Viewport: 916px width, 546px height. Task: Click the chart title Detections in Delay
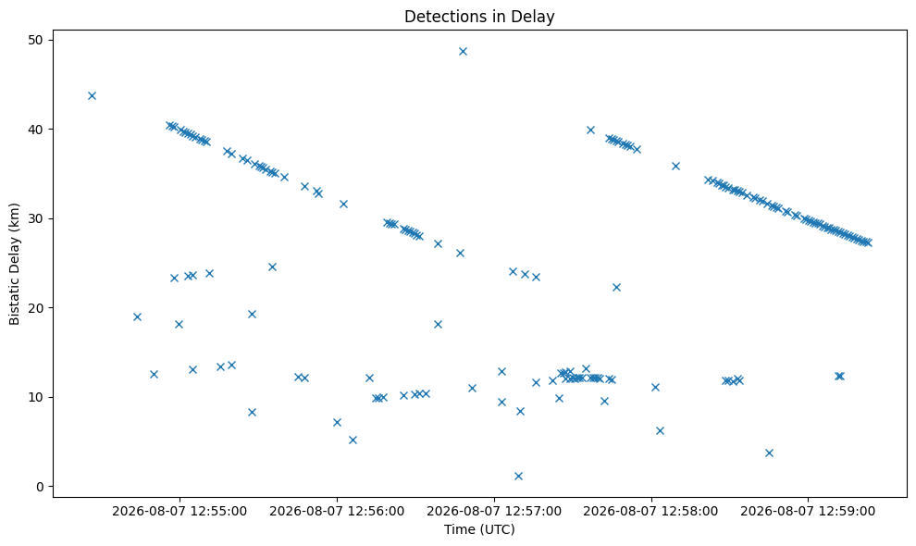[x=479, y=17]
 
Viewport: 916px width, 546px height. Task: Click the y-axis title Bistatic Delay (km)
[x=14, y=264]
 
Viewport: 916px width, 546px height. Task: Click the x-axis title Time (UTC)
[x=479, y=529]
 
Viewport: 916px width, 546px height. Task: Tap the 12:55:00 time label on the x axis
[x=179, y=512]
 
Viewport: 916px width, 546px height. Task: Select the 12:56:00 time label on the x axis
[x=337, y=512]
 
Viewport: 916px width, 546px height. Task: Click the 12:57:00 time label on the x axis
[x=494, y=512]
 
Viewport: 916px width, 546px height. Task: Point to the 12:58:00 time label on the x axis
[x=650, y=512]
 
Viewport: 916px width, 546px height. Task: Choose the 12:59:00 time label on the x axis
[x=808, y=512]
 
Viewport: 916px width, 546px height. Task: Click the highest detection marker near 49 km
[x=463, y=52]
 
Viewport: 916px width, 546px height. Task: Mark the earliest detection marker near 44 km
[x=92, y=96]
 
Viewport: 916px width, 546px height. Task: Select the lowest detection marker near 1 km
[x=518, y=476]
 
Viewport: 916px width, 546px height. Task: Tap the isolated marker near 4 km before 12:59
[x=769, y=453]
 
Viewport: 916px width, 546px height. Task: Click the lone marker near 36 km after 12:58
[x=676, y=166]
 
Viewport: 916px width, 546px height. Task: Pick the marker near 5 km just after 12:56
[x=353, y=440]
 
